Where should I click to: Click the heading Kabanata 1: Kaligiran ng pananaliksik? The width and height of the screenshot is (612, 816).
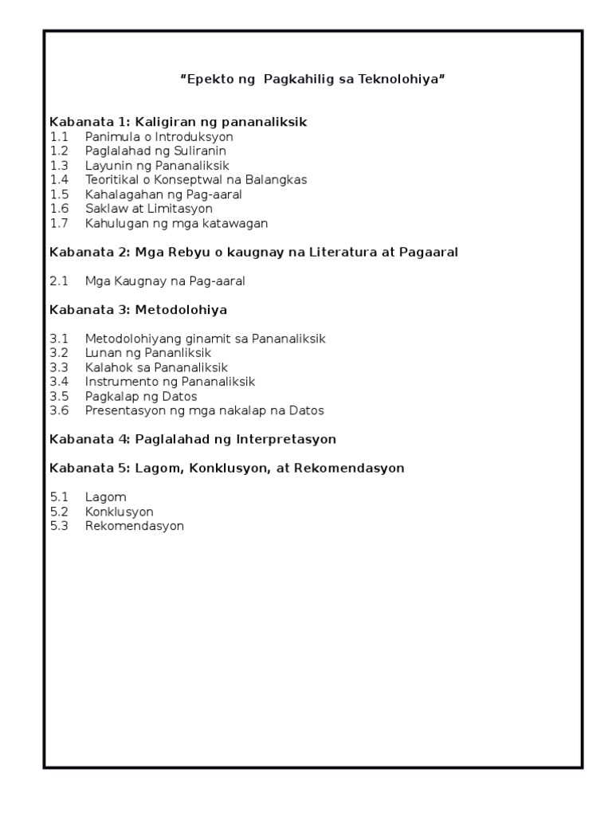point(178,122)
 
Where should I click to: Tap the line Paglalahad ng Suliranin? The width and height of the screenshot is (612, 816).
point(156,151)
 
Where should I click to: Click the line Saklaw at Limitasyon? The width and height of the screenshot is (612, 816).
point(149,209)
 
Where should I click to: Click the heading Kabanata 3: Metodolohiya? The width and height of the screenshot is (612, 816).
point(143,310)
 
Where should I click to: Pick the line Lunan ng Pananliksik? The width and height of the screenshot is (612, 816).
point(148,353)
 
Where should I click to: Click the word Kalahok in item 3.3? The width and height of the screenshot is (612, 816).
point(107,367)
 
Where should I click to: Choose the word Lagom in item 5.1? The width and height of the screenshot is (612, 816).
point(106,497)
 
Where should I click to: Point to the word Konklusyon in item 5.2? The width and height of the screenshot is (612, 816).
point(120,512)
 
